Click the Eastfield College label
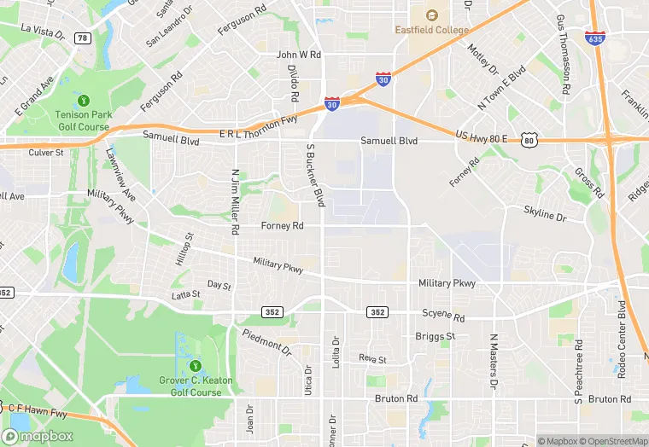click(x=431, y=30)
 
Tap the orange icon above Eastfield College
click(x=431, y=15)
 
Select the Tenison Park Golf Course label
click(x=83, y=120)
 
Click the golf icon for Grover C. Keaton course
click(x=196, y=366)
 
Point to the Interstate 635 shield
click(x=595, y=38)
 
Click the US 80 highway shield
click(x=529, y=139)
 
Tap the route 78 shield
click(x=82, y=38)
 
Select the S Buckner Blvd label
click(x=315, y=175)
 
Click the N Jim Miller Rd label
click(x=234, y=201)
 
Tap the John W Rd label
click(x=298, y=55)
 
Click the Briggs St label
click(x=436, y=336)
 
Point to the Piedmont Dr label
click(x=266, y=343)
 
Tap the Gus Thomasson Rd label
click(x=563, y=54)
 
